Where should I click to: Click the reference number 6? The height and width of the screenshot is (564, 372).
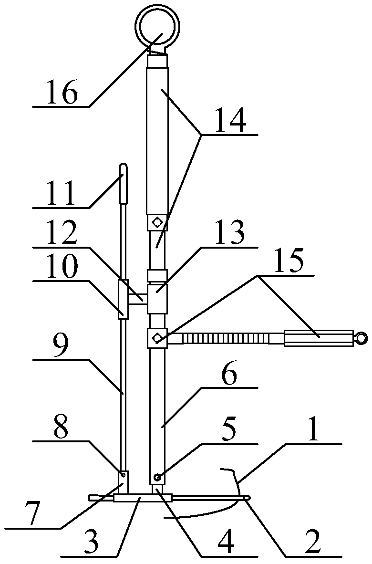point(231,376)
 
